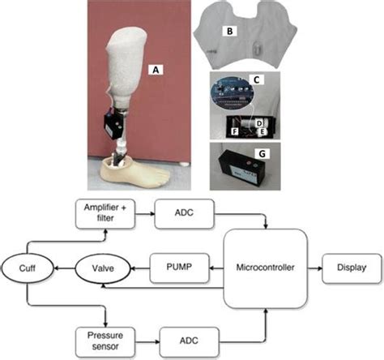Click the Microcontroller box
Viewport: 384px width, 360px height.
266,267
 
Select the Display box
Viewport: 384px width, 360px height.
349,267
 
